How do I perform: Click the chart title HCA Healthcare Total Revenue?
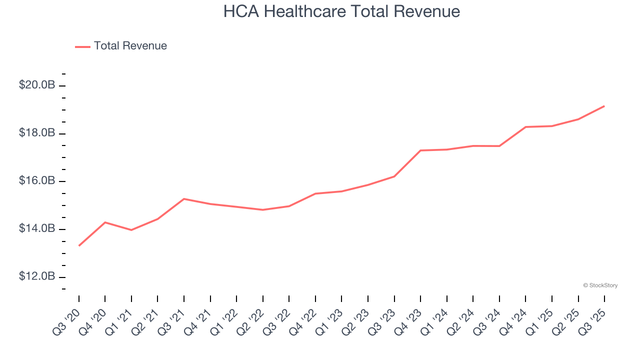point(341,11)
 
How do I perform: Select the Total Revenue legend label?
point(130,46)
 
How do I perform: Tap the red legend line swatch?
point(82,46)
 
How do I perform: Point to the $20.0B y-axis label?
point(37,85)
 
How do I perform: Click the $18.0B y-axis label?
point(37,133)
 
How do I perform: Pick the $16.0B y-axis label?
point(37,181)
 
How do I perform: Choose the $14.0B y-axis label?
point(37,229)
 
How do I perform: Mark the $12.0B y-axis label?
point(37,276)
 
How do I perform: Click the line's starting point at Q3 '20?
point(79,245)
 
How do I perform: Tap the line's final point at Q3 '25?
point(604,106)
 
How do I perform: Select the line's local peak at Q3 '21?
point(184,199)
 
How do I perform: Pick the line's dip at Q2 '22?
point(263,209)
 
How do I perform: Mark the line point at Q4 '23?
point(420,150)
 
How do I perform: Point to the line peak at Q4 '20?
point(105,222)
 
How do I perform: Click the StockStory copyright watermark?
point(600,285)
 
